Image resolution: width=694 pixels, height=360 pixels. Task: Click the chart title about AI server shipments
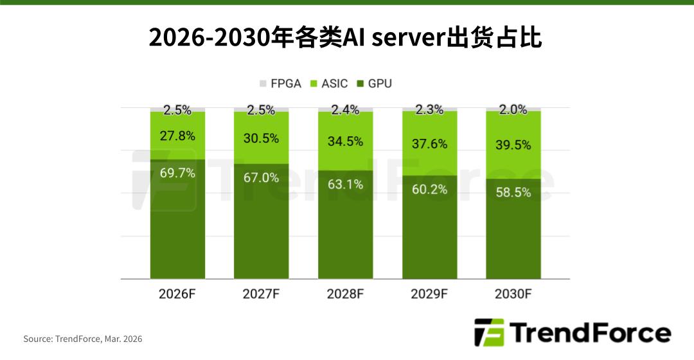tap(346, 38)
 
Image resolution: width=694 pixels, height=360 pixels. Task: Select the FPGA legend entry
tap(280, 84)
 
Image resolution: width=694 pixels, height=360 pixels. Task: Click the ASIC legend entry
tap(329, 84)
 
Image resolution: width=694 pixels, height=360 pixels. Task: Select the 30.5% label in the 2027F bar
tap(262, 138)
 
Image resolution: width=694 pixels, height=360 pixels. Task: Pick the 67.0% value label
tap(262, 178)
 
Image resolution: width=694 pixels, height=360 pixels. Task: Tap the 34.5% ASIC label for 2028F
tap(346, 141)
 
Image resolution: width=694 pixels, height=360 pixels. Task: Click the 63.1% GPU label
tap(346, 184)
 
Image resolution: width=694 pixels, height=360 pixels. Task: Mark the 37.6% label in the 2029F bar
tap(429, 144)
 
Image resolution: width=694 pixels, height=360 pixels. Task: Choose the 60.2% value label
tap(429, 189)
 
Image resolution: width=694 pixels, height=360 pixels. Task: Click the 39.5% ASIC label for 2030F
tap(513, 145)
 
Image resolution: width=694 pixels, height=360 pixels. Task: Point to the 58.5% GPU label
tap(513, 192)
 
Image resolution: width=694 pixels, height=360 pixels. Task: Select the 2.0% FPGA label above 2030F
tap(513, 110)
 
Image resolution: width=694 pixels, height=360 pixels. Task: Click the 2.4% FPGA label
tap(346, 110)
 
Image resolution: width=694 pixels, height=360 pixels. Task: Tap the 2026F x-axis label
tap(178, 294)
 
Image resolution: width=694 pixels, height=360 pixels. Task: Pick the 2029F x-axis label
tap(429, 294)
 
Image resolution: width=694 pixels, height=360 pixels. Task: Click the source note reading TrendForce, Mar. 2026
tap(83, 339)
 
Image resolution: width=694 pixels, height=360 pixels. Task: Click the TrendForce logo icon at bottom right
tap(489, 332)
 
